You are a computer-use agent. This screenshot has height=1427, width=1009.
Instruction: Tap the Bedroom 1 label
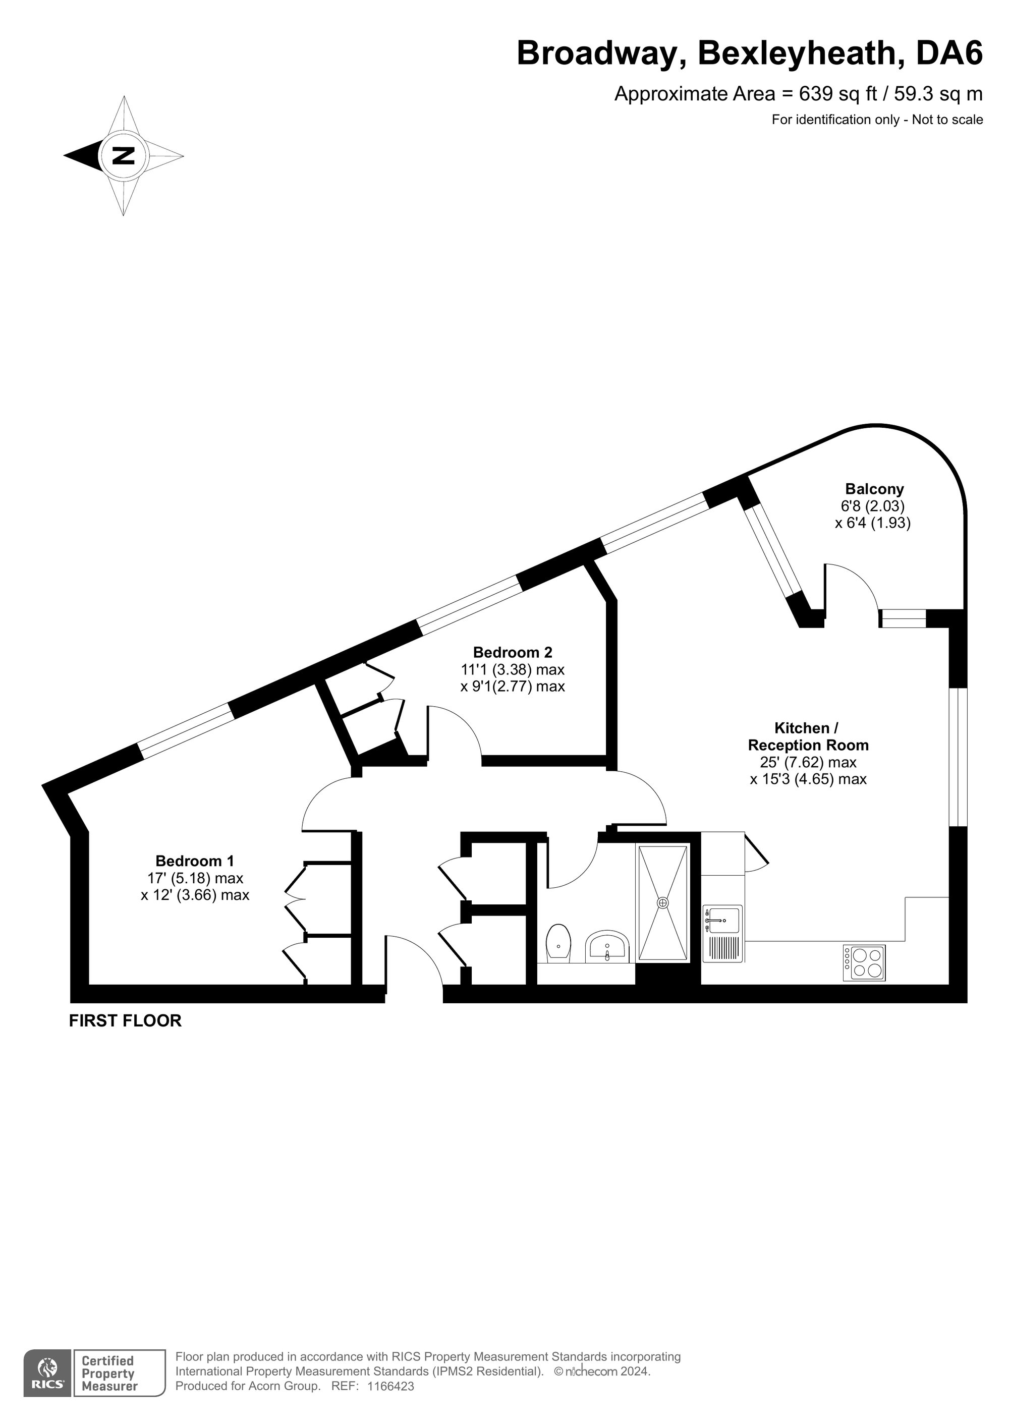point(195,861)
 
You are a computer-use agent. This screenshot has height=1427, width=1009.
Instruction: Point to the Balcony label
point(874,489)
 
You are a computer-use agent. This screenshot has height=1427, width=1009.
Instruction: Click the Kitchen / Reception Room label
point(808,736)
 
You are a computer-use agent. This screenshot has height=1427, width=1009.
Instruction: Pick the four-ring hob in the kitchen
point(864,963)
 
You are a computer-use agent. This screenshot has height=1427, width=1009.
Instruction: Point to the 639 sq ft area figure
point(838,94)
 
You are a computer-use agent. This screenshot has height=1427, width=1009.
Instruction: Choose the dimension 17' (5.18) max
point(195,878)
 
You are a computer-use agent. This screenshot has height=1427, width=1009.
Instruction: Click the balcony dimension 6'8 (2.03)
point(873,506)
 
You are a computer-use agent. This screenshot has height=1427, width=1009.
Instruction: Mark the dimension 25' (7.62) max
point(808,762)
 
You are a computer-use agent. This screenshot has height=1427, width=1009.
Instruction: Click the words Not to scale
point(947,120)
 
